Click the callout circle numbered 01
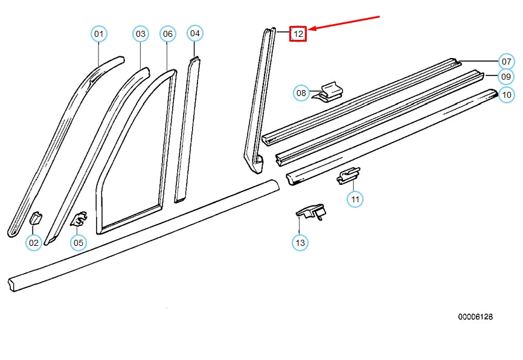point(99,34)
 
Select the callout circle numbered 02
point(34,243)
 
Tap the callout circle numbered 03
point(141,34)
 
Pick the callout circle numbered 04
point(194,33)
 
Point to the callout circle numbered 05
point(78,243)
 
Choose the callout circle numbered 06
point(168,34)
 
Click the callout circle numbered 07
point(506,61)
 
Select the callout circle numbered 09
point(506,77)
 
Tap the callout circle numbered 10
point(506,94)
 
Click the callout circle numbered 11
point(355,199)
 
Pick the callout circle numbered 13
point(300,243)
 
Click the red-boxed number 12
point(298,34)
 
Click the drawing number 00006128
point(475,317)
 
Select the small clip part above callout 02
point(35,218)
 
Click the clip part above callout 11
point(348,175)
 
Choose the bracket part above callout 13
point(311,211)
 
